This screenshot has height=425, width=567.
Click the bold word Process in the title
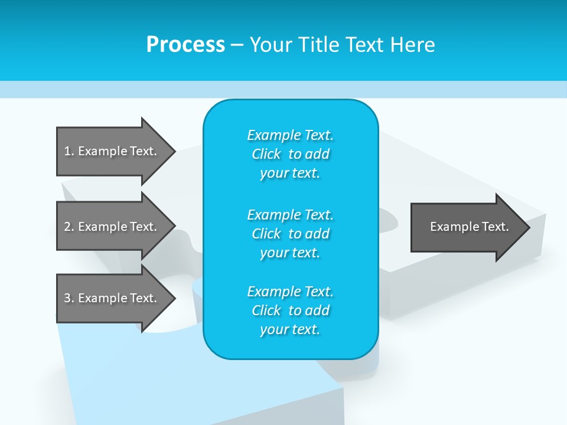click(x=185, y=45)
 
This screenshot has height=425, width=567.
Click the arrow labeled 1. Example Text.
click(x=112, y=151)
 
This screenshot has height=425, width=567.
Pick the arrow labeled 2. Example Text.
click(x=112, y=227)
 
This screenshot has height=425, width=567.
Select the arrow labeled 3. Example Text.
click(x=112, y=298)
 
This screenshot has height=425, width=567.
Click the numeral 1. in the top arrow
click(x=69, y=151)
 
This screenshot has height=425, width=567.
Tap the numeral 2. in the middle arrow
click(x=69, y=227)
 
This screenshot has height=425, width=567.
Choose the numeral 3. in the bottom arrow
click(x=69, y=298)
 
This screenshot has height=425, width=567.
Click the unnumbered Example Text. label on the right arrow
click(x=469, y=227)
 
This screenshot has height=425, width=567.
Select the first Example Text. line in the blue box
click(x=290, y=135)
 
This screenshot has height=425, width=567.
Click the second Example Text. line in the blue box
click(x=290, y=214)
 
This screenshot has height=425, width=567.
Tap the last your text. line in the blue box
click(x=290, y=329)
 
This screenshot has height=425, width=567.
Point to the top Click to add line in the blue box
click(x=290, y=154)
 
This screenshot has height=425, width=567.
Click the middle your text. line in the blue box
click(x=290, y=253)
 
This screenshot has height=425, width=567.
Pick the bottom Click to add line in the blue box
click(x=290, y=310)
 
